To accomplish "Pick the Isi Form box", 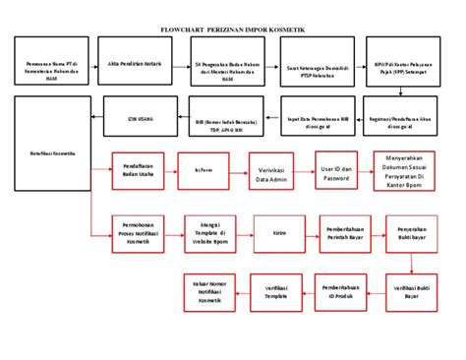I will click(204, 169).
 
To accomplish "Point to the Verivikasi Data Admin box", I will click(270, 169).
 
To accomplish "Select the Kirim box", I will click(279, 233).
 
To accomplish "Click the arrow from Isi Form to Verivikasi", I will click(236, 169).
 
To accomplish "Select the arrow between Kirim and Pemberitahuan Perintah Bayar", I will click(313, 233).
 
